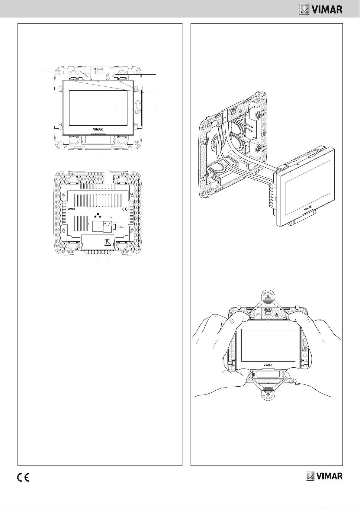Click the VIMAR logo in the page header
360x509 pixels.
point(321,10)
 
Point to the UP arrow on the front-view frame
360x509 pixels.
point(138,107)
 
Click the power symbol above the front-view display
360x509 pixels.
point(107,74)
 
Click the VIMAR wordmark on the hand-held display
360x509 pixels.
point(268,365)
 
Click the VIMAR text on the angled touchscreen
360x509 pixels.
point(307,208)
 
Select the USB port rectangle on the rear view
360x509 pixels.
point(115,227)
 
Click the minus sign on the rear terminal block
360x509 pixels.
point(109,223)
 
